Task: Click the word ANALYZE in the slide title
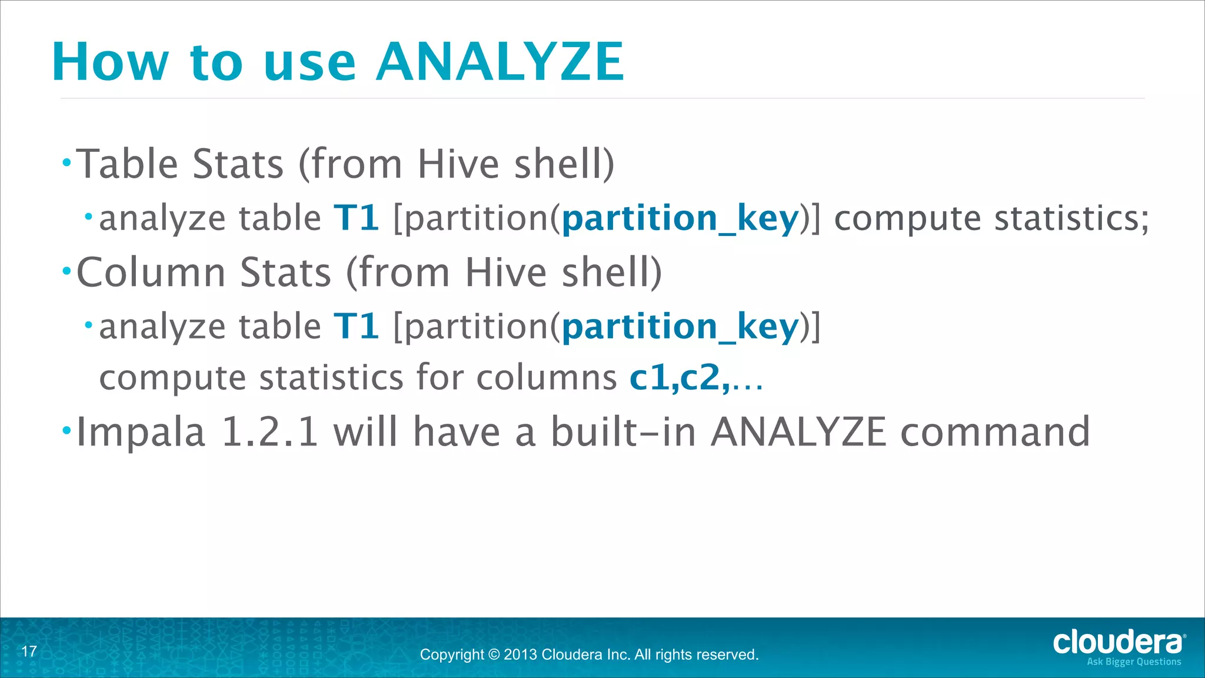coord(500,62)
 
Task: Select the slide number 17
coord(29,651)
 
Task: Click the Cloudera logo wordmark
coord(1118,642)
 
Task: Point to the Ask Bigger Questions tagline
coord(1134,662)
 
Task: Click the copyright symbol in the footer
coord(493,654)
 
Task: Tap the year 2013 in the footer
coord(520,654)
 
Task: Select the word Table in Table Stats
coord(127,164)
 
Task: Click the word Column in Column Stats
coord(151,272)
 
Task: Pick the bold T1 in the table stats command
coord(357,218)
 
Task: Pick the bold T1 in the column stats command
coord(357,327)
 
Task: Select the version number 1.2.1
coord(269,432)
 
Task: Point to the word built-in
coord(624,432)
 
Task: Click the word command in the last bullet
coord(996,432)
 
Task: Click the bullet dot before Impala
coord(66,431)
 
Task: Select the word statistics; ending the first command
coord(1071,218)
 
